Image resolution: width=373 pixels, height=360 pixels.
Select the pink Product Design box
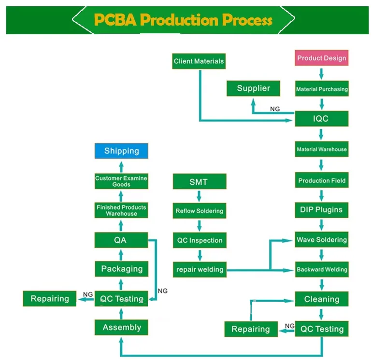pyautogui.click(x=321, y=58)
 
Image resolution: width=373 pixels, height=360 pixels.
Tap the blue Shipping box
pyautogui.click(x=121, y=151)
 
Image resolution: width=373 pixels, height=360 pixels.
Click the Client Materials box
pyautogui.click(x=199, y=61)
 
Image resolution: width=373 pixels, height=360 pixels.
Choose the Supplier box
pyautogui.click(x=253, y=88)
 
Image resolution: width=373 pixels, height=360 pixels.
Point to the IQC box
pyautogui.click(x=321, y=118)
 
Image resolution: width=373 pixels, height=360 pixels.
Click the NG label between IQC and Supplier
pyautogui.click(x=275, y=109)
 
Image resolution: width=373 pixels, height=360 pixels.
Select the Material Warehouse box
pyautogui.click(x=321, y=150)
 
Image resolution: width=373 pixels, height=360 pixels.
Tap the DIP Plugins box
pyautogui.click(x=321, y=210)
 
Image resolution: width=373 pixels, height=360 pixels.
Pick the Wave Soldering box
pyautogui.click(x=321, y=240)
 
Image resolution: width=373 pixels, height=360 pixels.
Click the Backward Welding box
pyautogui.click(x=321, y=270)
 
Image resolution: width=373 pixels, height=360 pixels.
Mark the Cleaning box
pyautogui.click(x=321, y=299)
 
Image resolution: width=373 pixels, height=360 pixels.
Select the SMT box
pyautogui.click(x=199, y=182)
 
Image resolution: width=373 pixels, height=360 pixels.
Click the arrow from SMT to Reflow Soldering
pyautogui.click(x=199, y=196)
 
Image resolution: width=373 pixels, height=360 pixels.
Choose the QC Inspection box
pyautogui.click(x=199, y=240)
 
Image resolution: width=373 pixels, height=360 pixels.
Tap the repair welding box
pyautogui.click(x=199, y=270)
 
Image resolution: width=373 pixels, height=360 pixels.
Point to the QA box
pyautogui.click(x=121, y=240)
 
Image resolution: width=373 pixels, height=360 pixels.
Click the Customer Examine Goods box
pyautogui.click(x=121, y=181)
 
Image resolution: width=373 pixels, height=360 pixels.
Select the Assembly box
pyautogui.click(x=121, y=328)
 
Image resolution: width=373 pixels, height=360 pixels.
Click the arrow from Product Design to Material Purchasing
pyautogui.click(x=321, y=74)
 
